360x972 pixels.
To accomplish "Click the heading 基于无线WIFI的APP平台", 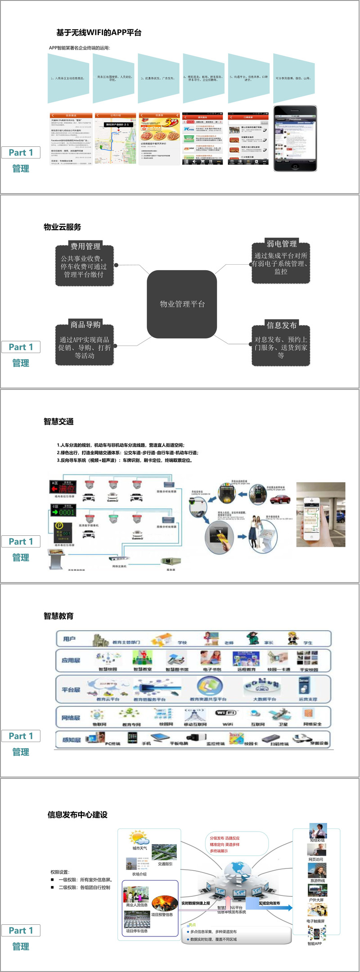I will [x=99, y=32].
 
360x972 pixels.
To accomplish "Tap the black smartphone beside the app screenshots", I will [x=295, y=138].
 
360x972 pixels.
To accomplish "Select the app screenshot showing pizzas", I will [x=159, y=139].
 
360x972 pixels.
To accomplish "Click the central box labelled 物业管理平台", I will [x=182, y=304].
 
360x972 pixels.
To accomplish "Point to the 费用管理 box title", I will [x=85, y=246].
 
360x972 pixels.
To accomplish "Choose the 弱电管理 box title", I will [x=282, y=244].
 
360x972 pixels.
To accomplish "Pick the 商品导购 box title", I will [x=85, y=325].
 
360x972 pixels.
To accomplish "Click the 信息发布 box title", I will [x=282, y=325].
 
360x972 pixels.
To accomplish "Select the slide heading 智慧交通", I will [x=58, y=421].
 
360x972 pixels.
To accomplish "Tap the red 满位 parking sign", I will [x=63, y=488].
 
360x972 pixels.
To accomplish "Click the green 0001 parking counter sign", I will [x=63, y=512].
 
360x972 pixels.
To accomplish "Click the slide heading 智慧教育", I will [x=58, y=616].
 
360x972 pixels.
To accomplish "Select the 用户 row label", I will [x=69, y=639].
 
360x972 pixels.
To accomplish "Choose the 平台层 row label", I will [x=71, y=690].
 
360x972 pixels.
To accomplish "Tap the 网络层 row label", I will [x=71, y=718].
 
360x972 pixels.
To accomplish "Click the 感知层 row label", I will [x=71, y=740].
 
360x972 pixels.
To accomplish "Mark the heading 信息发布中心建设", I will [x=77, y=814].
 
